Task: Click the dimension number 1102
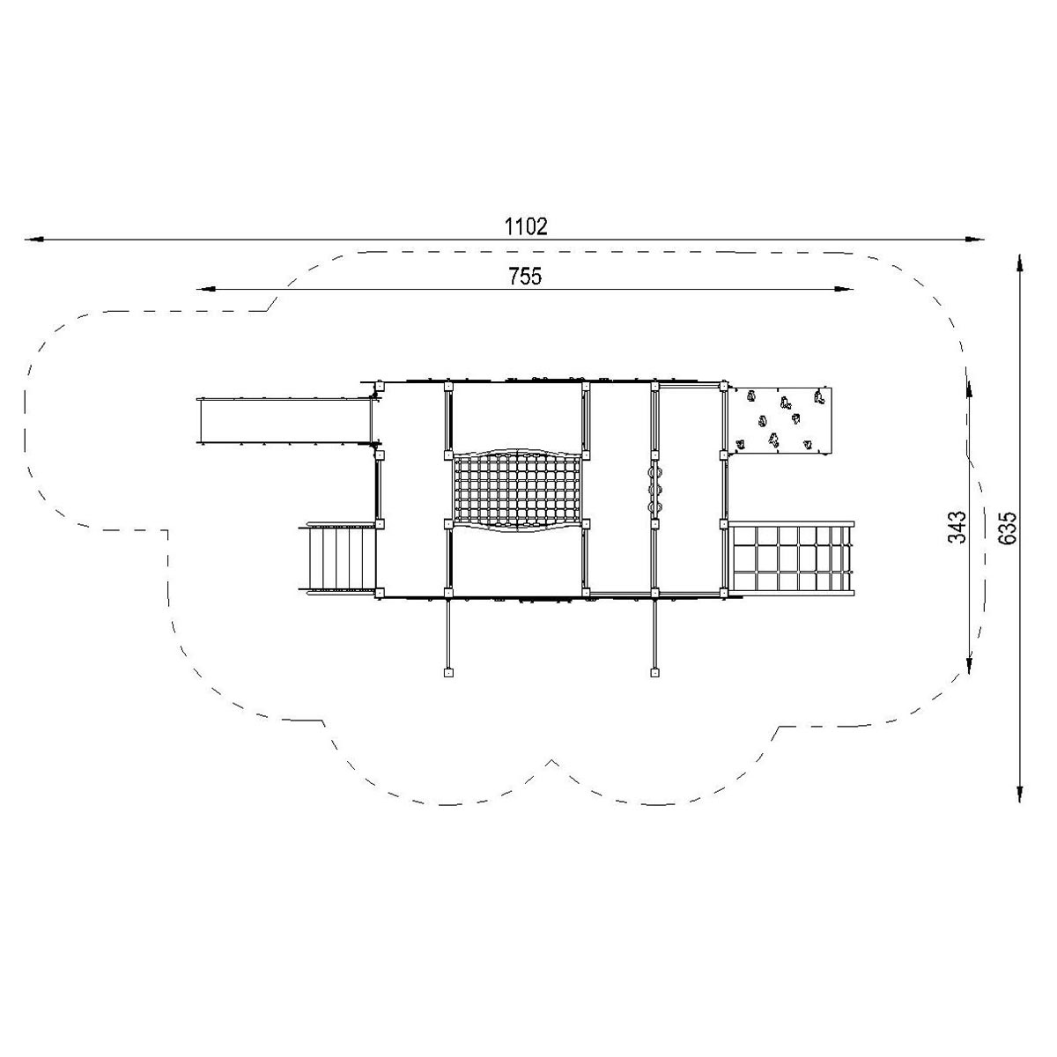point(526,226)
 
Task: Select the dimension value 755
point(526,276)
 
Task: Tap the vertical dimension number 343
point(957,527)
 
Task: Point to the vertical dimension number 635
point(1007,528)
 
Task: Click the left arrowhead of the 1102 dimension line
point(34,240)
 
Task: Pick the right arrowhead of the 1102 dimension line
point(975,240)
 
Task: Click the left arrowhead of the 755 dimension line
point(205,289)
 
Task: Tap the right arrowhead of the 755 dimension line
point(844,289)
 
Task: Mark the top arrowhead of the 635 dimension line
point(1019,264)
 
